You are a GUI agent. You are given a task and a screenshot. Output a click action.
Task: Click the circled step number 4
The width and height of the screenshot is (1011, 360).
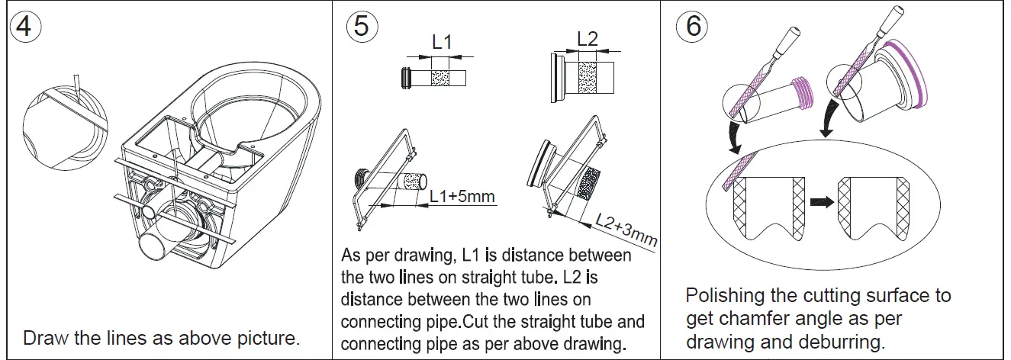point(25,26)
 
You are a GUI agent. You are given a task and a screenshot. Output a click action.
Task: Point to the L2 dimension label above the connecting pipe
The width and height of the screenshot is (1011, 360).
point(588,39)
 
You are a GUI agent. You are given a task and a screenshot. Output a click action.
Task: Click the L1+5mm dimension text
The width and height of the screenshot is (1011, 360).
point(462,197)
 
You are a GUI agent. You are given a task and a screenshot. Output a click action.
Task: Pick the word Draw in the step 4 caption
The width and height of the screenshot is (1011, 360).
point(43,337)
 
